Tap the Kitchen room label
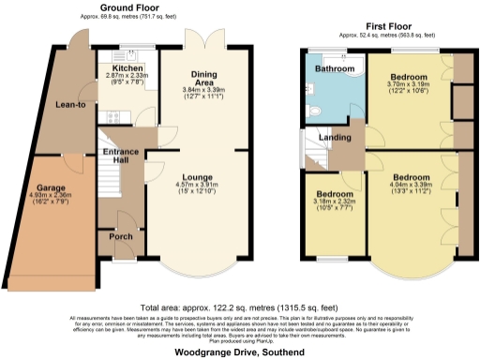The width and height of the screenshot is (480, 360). [x=127, y=68]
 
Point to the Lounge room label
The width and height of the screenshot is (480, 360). [x=197, y=177]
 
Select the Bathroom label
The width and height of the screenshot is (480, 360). [x=334, y=69]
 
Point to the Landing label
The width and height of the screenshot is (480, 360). [x=335, y=138]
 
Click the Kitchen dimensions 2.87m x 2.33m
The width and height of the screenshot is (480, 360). [x=127, y=76]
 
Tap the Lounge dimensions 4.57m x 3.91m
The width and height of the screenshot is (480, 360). [x=197, y=186]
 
